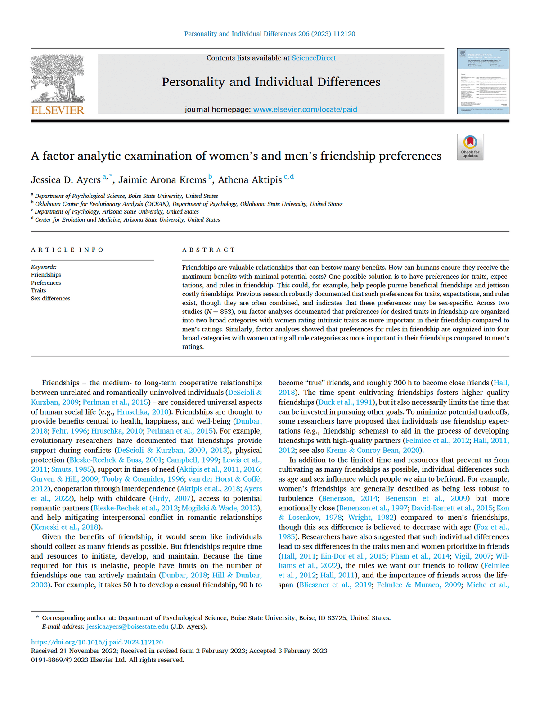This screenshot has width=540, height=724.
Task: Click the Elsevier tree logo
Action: [x=58, y=78]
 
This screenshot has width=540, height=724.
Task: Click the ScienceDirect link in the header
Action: [x=314, y=58]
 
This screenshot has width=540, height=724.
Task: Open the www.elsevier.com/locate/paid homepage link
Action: [x=305, y=109]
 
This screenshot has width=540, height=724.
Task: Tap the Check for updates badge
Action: [x=470, y=147]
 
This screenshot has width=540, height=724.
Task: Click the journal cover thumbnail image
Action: [x=483, y=81]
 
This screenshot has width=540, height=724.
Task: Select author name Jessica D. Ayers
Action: [x=66, y=180]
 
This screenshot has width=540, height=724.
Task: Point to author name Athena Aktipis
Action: [x=250, y=180]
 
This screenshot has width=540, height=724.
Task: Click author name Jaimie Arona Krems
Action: [x=162, y=180]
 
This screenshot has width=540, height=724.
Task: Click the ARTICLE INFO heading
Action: [x=67, y=250]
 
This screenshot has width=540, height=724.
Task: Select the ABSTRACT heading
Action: [x=208, y=250]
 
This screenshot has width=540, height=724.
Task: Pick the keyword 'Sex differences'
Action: [x=50, y=299]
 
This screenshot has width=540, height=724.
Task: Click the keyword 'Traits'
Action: [x=38, y=290]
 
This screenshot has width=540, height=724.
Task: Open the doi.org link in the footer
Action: [x=97, y=642]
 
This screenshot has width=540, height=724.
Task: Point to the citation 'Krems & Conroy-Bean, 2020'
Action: [x=374, y=450]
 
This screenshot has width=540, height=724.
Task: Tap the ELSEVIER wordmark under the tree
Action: [x=58, y=110]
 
